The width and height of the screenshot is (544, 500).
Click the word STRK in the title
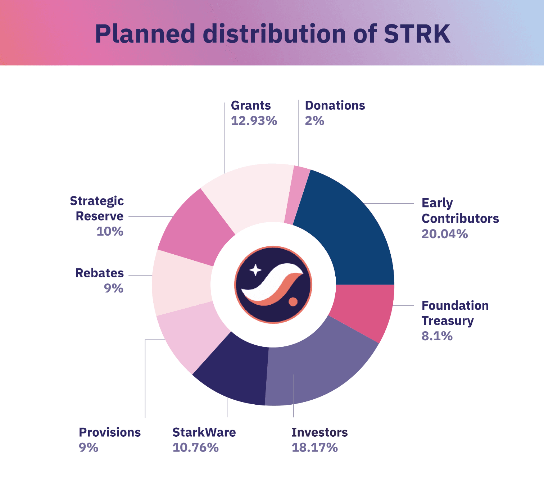[417, 34]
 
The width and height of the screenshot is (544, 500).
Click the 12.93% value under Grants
[254, 121]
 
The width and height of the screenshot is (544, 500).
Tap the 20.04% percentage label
[445, 234]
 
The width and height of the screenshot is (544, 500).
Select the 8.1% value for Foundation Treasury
[437, 336]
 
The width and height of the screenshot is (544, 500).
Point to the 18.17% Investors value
[314, 448]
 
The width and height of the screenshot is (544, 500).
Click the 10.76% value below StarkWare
[195, 448]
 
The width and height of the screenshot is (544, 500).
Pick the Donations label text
[335, 105]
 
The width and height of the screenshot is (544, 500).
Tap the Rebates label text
[99, 273]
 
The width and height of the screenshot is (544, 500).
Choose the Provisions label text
[110, 432]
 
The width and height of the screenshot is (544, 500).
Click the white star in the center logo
[255, 270]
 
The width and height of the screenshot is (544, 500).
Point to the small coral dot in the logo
[293, 301]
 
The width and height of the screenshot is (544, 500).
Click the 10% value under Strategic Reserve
[110, 231]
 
